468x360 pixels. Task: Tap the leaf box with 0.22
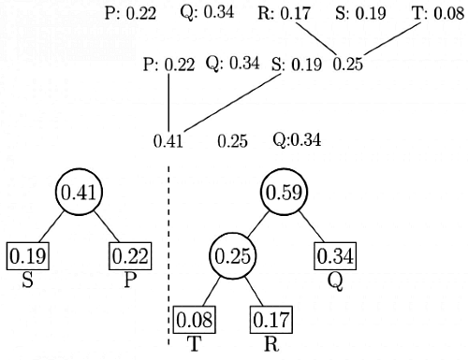pos(129,255)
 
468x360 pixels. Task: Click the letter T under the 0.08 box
pos(195,342)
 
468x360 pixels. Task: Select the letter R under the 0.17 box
pos(271,342)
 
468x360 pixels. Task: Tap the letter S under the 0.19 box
pos(28,279)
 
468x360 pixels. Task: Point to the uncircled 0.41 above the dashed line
pos(168,142)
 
